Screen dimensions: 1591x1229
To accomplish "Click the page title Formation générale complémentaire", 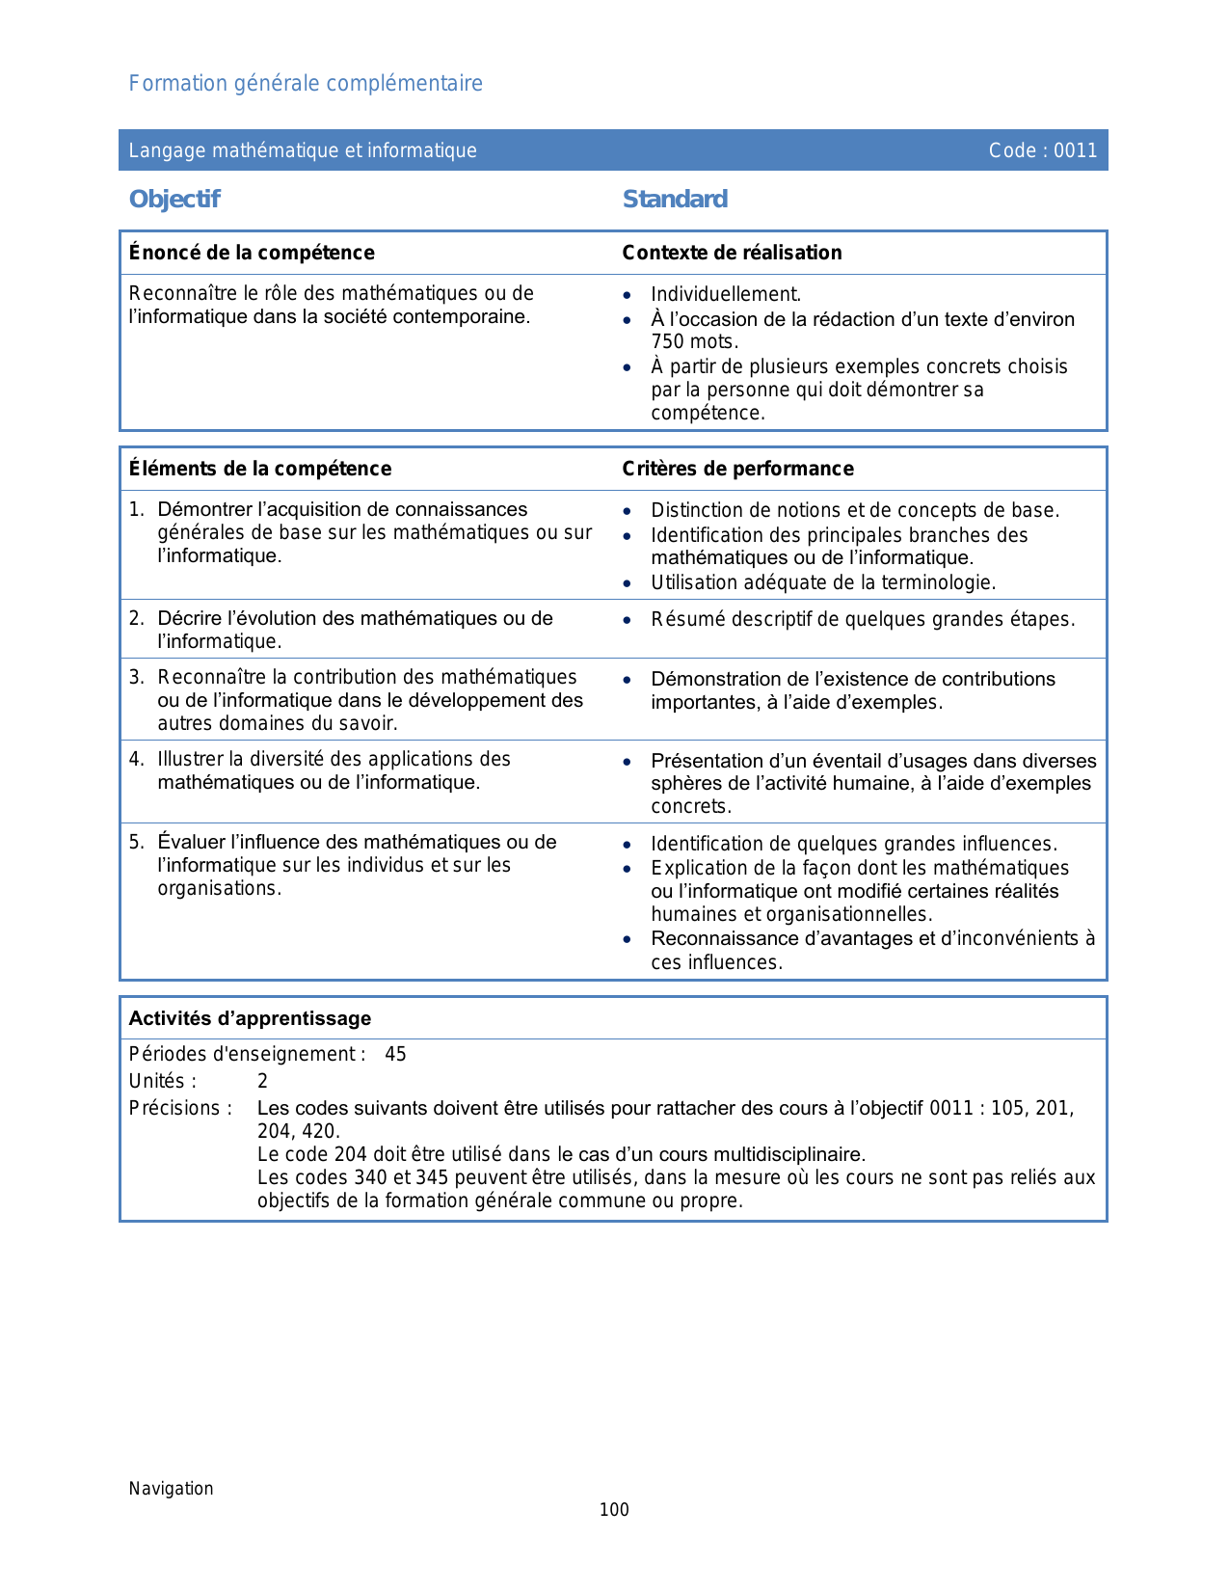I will (306, 84).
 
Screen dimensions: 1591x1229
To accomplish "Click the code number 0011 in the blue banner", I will (1075, 150).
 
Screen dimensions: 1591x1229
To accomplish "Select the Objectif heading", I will (174, 200).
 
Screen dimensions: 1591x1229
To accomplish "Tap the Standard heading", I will (675, 200).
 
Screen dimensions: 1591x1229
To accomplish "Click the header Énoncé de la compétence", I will (252, 253).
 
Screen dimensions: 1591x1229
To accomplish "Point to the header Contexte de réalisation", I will (732, 253).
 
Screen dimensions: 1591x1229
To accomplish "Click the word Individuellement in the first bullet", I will (725, 295).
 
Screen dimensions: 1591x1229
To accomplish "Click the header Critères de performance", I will (737, 469).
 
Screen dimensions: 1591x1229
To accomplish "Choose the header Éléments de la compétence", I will (260, 469).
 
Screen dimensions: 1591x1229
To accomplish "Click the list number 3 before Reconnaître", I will (135, 678).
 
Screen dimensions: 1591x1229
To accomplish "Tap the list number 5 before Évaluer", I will (135, 843).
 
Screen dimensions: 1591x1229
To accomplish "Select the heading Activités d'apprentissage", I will (250, 1019).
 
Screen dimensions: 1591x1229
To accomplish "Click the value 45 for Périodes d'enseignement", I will (395, 1055).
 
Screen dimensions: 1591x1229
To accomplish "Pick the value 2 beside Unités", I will (262, 1082).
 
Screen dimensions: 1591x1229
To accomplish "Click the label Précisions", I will (180, 1109).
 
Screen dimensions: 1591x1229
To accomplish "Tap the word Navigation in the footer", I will (171, 1489).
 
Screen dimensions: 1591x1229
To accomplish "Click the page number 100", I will (614, 1510).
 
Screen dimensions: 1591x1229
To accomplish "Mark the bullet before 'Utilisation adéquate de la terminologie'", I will (628, 583).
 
